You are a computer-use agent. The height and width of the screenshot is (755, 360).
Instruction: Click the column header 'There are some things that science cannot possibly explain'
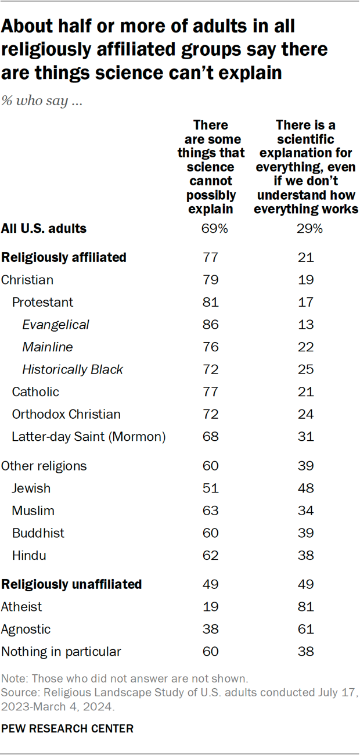pyautogui.click(x=211, y=167)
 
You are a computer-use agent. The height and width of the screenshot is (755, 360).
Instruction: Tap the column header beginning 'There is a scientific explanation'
pyautogui.click(x=306, y=167)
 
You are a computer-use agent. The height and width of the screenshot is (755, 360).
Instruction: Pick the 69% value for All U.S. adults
pyautogui.click(x=211, y=228)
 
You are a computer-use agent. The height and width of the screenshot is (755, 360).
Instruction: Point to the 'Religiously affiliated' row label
pyautogui.click(x=64, y=257)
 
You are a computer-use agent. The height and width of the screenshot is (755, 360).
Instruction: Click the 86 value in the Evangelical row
pyautogui.click(x=211, y=325)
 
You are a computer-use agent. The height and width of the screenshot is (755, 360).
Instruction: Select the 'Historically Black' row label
pyautogui.click(x=73, y=369)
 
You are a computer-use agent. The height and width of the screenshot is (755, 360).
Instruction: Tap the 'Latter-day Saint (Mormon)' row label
pyautogui.click(x=89, y=437)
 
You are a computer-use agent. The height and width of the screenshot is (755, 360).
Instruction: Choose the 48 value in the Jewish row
pyautogui.click(x=306, y=488)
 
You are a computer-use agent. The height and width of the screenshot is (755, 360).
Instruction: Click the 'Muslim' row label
pyautogui.click(x=33, y=511)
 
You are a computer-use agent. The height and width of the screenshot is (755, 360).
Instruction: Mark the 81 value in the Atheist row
pyautogui.click(x=306, y=607)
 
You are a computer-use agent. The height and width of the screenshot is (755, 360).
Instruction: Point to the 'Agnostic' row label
pyautogui.click(x=26, y=629)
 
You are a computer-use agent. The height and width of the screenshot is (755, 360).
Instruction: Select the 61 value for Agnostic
pyautogui.click(x=306, y=629)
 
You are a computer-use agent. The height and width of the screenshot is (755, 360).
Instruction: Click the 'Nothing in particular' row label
pyautogui.click(x=61, y=652)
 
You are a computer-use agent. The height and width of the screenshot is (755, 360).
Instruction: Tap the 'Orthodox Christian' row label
pyautogui.click(x=66, y=414)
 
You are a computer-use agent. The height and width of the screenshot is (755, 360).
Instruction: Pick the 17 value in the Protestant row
pyautogui.click(x=306, y=302)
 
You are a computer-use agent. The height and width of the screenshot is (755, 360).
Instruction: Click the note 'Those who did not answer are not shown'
pyautogui.click(x=124, y=678)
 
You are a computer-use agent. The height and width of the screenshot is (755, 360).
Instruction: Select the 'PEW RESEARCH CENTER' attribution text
pyautogui.click(x=67, y=728)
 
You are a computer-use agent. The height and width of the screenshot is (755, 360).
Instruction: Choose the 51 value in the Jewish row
pyautogui.click(x=211, y=488)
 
